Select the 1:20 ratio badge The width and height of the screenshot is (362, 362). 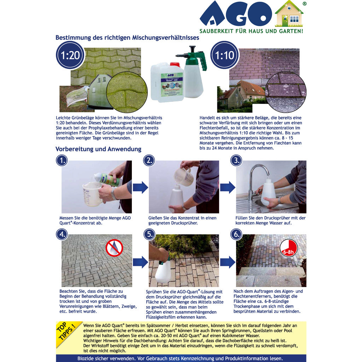[70, 55]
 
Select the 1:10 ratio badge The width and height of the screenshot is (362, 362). [224, 55]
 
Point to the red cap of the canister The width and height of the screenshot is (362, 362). [175, 64]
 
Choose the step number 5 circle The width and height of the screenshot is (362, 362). [149, 234]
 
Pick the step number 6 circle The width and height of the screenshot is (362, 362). [236, 234]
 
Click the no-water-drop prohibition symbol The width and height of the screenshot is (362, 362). [114, 247]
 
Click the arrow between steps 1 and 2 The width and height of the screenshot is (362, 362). [140, 187]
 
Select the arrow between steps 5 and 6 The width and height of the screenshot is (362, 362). [227, 262]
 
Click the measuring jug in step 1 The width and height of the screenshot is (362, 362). [92, 194]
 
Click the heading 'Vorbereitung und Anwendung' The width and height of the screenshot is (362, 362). [98, 149]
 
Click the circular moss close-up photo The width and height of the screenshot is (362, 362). [127, 92]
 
